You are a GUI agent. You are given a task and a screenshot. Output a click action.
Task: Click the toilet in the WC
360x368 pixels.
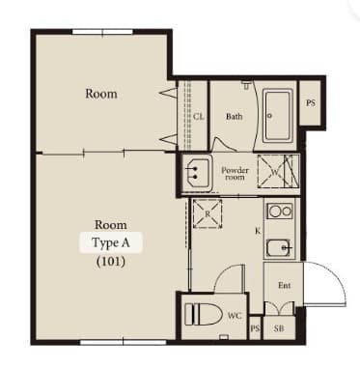pos(204,315)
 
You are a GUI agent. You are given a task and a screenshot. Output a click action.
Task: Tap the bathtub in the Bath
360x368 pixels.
pos(277,116)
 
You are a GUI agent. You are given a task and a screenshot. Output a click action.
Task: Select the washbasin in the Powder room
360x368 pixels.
pos(198,173)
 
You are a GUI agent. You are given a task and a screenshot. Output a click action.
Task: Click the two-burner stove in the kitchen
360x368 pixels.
pos(280,212)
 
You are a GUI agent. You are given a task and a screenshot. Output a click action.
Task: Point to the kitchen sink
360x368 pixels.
pos(280,248)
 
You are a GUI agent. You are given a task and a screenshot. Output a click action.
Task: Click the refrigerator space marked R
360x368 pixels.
pos(208,213)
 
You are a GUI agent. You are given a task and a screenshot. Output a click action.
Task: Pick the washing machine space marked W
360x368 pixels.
pos(274,171)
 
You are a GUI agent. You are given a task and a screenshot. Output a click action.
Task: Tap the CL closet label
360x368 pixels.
pos(199,116)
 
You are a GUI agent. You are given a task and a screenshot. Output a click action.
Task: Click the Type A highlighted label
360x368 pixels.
pos(111,242)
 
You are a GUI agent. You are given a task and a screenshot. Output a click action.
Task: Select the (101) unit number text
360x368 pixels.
pos(111,262)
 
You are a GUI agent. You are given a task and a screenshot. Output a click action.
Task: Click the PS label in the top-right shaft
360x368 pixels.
pos(311,103)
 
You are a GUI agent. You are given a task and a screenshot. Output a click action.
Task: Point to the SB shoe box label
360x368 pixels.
pos(279,328)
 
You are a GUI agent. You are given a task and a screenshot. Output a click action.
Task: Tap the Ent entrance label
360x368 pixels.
pos(285,285)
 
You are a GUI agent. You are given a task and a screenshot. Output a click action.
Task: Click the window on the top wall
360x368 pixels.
pos(102,32)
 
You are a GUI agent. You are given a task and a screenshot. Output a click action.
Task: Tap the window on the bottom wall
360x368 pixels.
pos(124,342)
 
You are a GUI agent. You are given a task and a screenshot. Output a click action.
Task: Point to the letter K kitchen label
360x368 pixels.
pos(258,231)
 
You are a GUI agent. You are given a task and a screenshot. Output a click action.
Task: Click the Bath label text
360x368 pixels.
pos(234,116)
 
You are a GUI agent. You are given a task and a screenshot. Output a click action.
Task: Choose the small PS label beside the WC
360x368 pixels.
pos(255,328)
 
